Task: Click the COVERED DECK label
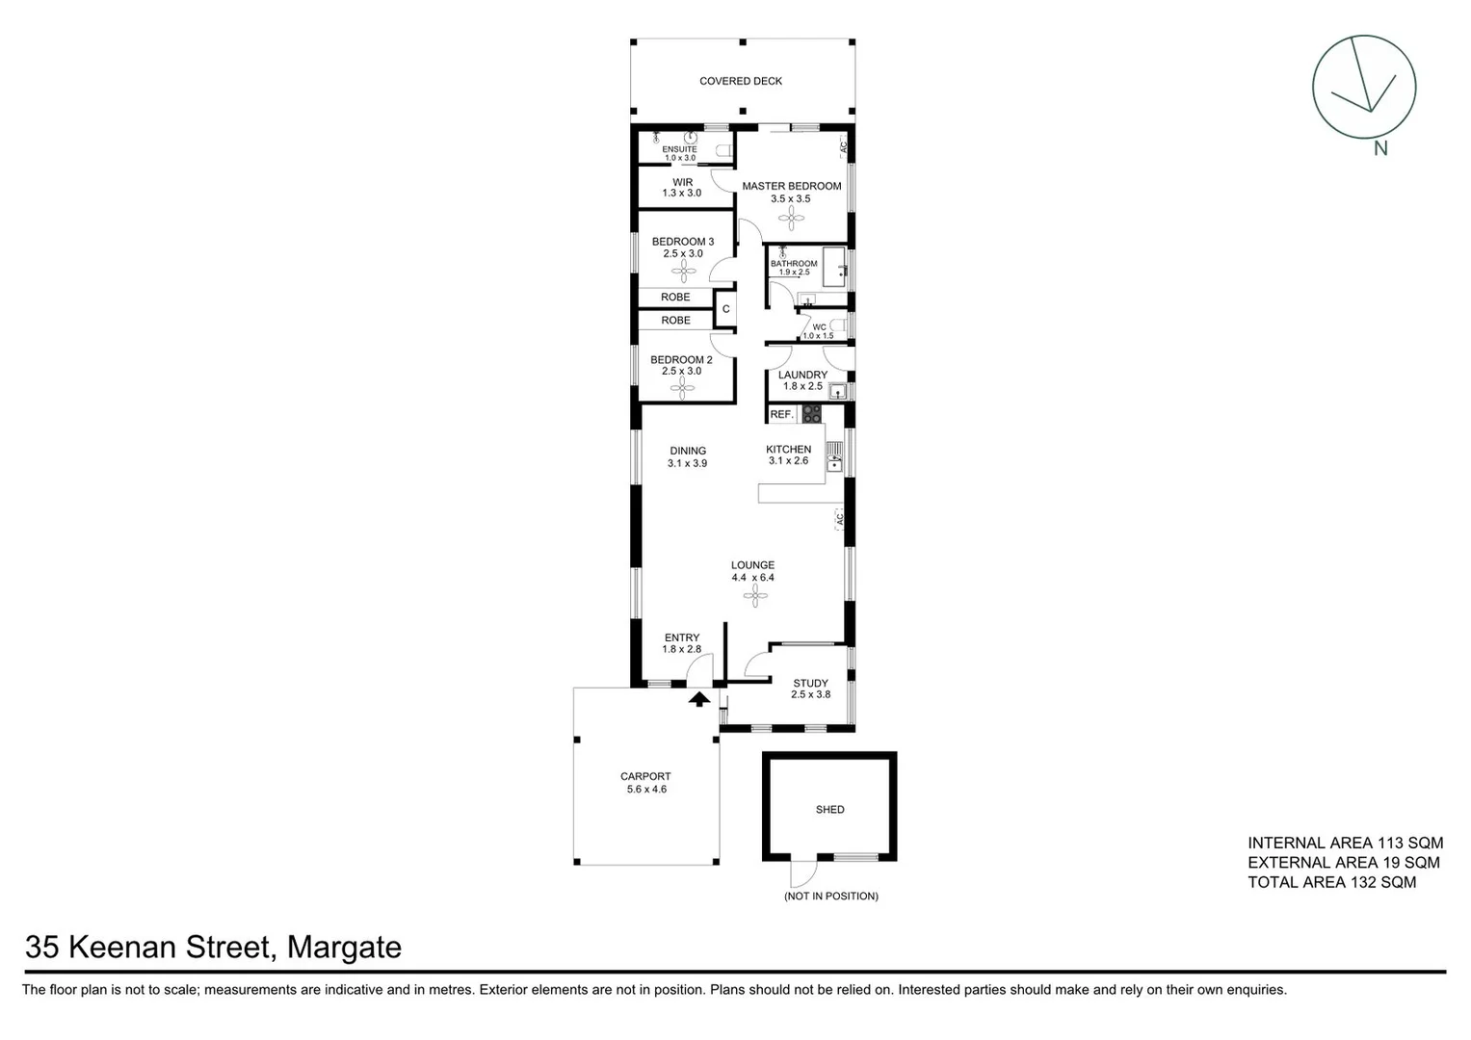(740, 81)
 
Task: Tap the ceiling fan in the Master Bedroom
(791, 220)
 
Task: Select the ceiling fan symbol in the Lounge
(753, 598)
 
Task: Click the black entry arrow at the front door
(699, 699)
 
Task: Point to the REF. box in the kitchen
(781, 414)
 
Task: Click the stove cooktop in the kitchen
(812, 414)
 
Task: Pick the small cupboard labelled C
(725, 309)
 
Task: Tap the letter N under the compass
(1380, 148)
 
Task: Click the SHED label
(829, 810)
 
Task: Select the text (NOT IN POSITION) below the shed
(830, 897)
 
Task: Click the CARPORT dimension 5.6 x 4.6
(645, 790)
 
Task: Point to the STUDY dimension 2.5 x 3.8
(810, 694)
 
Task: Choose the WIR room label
(682, 182)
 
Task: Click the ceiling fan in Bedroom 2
(682, 388)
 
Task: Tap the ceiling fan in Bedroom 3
(682, 271)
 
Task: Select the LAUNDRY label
(802, 375)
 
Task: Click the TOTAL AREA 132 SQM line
(1331, 882)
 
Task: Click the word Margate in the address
(345, 948)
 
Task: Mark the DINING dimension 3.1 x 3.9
(687, 463)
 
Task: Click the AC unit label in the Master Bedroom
(842, 147)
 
